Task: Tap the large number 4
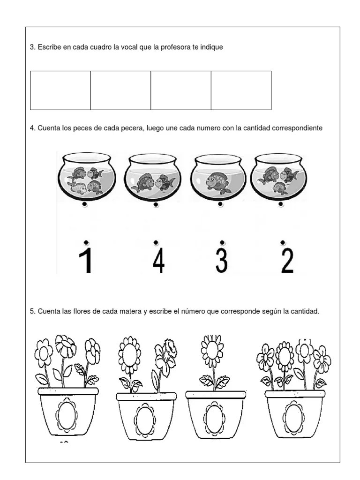click(x=158, y=261)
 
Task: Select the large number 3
click(x=222, y=261)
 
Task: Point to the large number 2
click(x=286, y=261)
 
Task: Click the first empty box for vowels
click(x=60, y=90)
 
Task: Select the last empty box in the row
click(x=241, y=90)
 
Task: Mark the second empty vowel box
click(x=120, y=90)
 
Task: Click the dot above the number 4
click(x=156, y=242)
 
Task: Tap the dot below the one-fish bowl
click(x=220, y=205)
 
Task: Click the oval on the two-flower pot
click(x=144, y=418)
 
